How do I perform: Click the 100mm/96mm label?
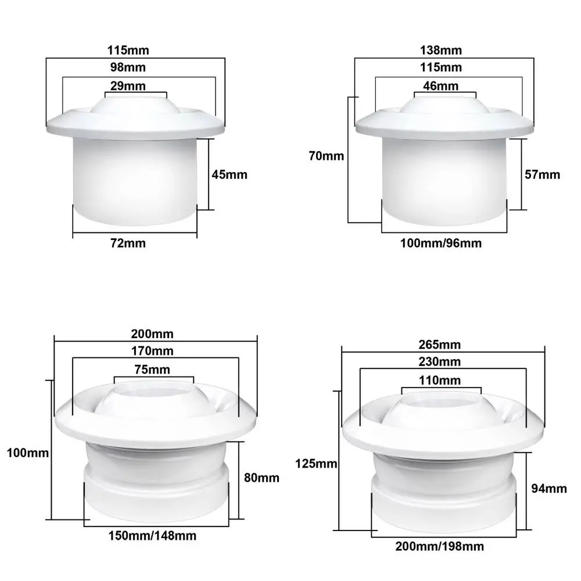coord(441,243)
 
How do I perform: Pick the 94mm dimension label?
coord(550,489)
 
